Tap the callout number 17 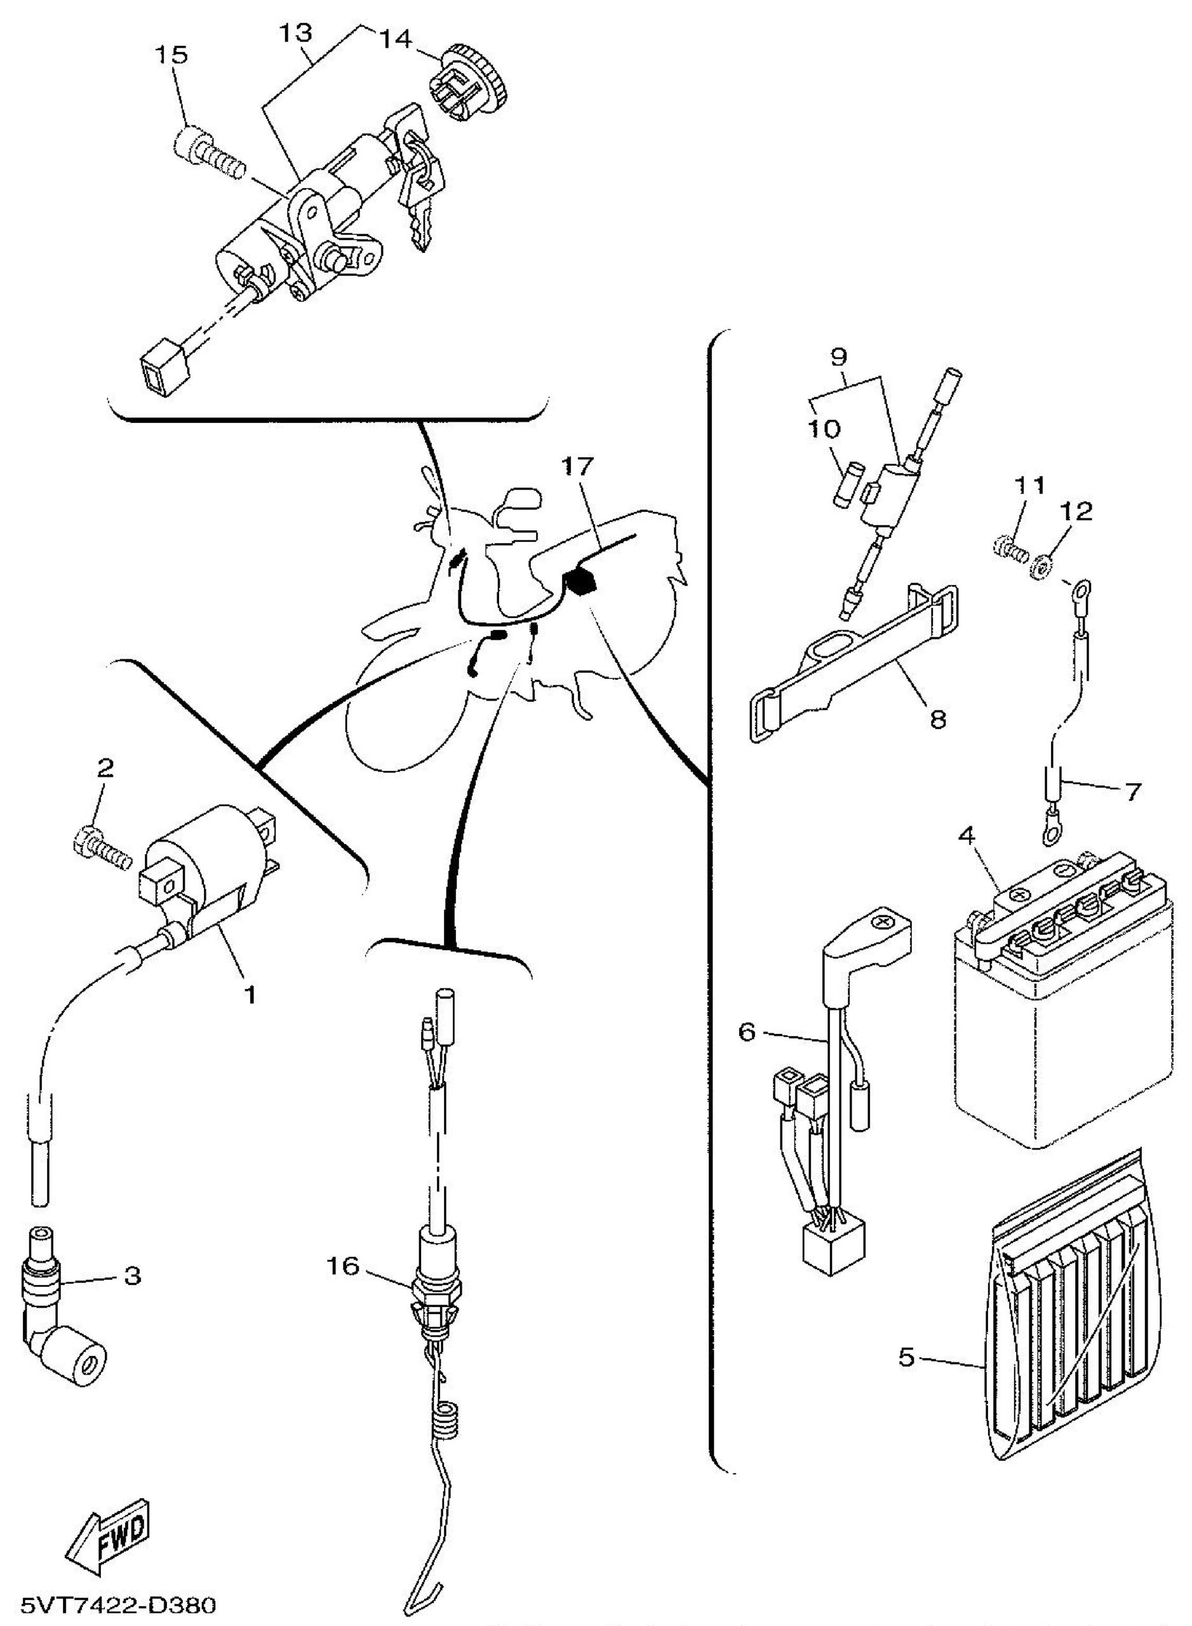point(575,467)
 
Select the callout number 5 point(907,1357)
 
